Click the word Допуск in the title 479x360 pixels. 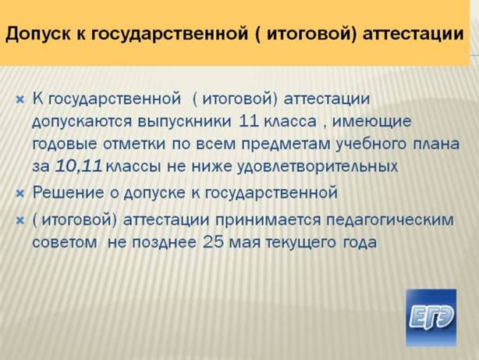[37, 34]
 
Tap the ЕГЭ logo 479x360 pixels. [431, 318]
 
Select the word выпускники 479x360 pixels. [184, 121]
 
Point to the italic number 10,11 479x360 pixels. [78, 166]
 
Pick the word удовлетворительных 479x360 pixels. [318, 167]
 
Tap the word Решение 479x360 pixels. [68, 193]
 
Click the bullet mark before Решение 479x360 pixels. [20, 194]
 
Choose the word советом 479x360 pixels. [65, 243]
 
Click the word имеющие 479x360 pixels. [371, 122]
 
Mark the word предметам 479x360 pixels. [286, 144]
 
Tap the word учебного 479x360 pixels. [371, 144]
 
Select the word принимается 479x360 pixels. [268, 220]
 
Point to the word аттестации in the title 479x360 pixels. [413, 34]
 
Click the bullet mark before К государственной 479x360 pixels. [20, 100]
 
